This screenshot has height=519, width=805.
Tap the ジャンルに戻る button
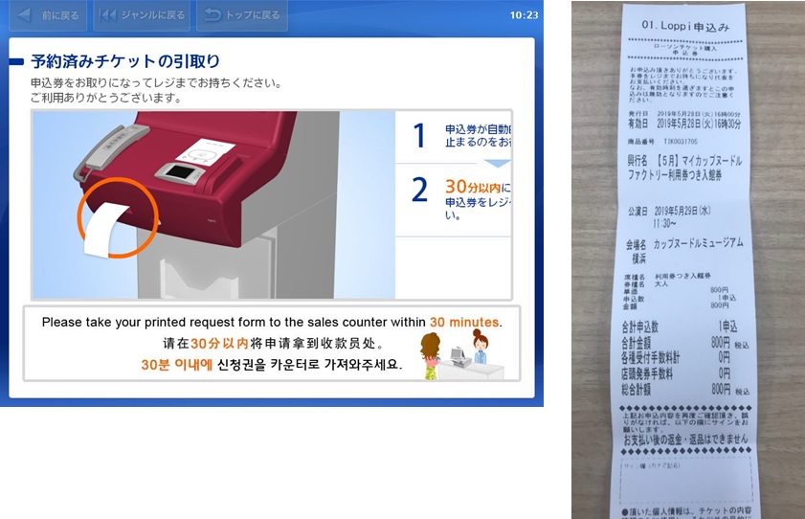(x=141, y=15)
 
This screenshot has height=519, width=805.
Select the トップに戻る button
(x=240, y=15)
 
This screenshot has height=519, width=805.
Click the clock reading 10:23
(x=524, y=15)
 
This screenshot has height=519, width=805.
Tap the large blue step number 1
(x=418, y=136)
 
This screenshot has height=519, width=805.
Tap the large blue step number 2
(x=418, y=190)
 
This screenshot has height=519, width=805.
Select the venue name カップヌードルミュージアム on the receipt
(x=699, y=243)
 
